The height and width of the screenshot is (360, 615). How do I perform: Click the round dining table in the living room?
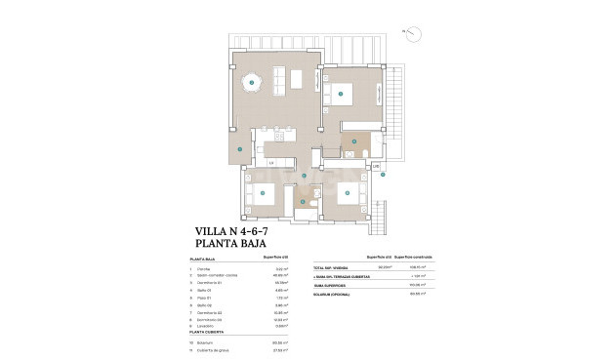coord(252,85)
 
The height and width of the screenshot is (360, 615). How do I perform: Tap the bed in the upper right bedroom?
coord(343,95)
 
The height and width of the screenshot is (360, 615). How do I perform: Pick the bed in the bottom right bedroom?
coord(348,193)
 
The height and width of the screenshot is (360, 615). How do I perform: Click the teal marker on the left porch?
coord(237,149)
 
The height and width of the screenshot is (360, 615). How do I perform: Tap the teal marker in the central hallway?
coord(305,176)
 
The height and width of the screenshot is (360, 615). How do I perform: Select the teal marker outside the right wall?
coord(384,175)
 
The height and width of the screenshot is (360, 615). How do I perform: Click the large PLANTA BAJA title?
coord(231,246)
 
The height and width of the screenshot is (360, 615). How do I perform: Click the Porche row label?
coord(202,267)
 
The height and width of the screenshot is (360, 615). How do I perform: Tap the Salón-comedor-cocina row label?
coord(217,276)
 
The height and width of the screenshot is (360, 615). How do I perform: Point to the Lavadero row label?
coord(205,324)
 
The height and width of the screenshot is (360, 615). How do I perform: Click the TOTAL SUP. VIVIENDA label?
coord(331,267)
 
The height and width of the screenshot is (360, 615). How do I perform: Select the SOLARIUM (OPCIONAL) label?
coord(333,292)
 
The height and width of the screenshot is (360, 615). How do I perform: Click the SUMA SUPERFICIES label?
coord(329,284)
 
